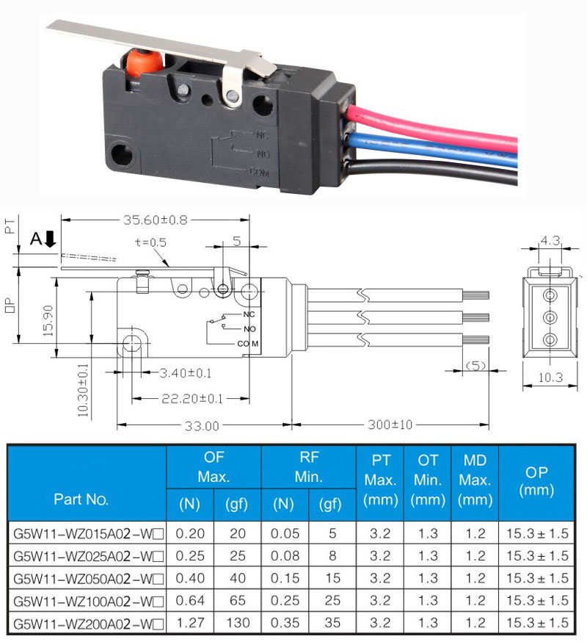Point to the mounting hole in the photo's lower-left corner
point(122,155)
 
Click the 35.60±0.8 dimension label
point(156,220)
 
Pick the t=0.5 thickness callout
point(150,242)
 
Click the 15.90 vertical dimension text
point(48,321)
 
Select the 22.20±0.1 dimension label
point(192,398)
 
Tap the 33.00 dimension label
point(202,426)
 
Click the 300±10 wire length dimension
point(390,425)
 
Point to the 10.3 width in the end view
point(550,378)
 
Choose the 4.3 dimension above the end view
point(550,240)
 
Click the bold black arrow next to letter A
point(50,239)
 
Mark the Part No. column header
point(81,499)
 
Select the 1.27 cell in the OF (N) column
point(190,623)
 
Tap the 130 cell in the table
point(238,623)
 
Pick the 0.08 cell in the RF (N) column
point(285,556)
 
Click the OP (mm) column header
point(536,481)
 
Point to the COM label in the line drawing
point(248,344)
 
